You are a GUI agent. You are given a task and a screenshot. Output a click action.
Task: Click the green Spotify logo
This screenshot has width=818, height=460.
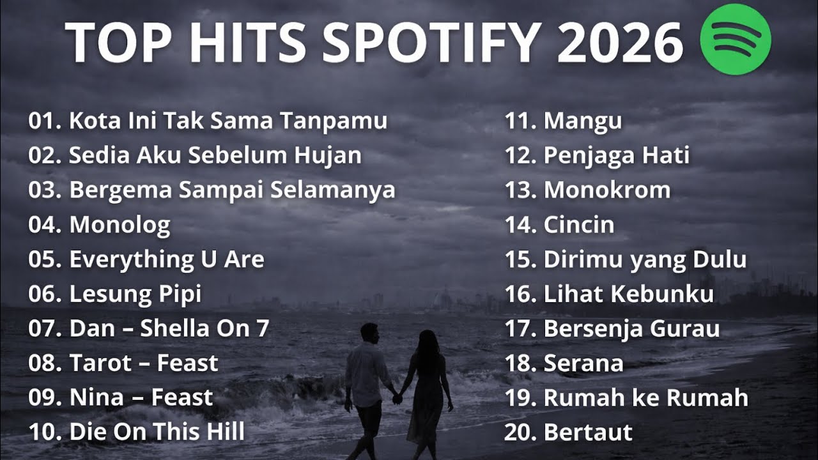point(736,40)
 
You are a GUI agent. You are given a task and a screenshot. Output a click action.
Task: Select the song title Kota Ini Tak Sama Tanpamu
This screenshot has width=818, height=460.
point(228,121)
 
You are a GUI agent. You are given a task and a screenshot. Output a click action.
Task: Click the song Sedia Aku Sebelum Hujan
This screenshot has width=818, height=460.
point(215,155)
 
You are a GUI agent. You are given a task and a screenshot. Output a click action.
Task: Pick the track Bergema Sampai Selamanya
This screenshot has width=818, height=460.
point(232,190)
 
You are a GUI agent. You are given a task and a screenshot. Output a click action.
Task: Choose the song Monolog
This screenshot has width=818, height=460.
point(120,225)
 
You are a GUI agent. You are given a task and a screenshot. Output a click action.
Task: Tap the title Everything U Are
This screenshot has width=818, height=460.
point(166,259)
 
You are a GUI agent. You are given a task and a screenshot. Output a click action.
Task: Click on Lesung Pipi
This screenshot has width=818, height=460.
point(135,294)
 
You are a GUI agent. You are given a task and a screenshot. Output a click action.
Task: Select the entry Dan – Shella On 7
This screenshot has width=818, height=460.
point(169,328)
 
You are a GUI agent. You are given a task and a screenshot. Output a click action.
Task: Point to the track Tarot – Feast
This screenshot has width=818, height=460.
point(143,363)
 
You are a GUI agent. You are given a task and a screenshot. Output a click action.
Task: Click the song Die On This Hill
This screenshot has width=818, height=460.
point(157,432)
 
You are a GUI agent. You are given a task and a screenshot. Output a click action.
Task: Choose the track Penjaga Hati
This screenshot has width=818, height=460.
point(616,155)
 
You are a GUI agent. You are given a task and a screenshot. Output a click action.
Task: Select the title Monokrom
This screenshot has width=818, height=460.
point(606,190)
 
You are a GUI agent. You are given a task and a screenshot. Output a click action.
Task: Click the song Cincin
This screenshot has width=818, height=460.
point(578,225)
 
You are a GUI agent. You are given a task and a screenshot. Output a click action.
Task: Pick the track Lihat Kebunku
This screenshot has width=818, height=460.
point(628,294)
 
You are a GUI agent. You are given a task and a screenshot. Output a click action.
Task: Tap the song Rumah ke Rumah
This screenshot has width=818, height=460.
point(645,397)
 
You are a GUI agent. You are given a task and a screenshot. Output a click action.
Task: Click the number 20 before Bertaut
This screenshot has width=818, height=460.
point(518,433)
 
